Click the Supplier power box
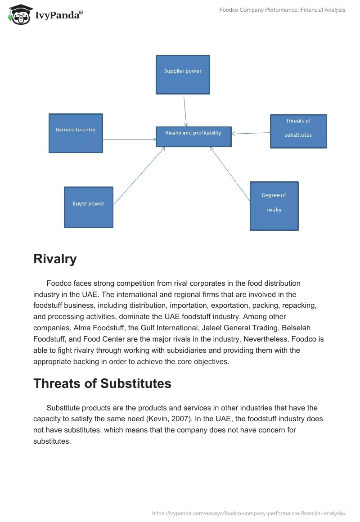click(183, 75)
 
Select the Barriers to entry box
click(76, 133)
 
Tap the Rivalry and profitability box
click(193, 136)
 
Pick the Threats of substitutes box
click(298, 131)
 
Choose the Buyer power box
click(89, 207)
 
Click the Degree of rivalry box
click(274, 206)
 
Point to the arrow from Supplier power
click(184, 110)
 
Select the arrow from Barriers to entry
click(130, 139)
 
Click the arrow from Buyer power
click(139, 176)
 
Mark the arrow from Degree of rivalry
click(229, 173)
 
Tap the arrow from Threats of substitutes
click(251, 133)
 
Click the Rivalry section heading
click(55, 259)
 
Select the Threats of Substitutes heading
click(102, 383)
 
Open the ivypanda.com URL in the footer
click(249, 513)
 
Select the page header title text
click(282, 10)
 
